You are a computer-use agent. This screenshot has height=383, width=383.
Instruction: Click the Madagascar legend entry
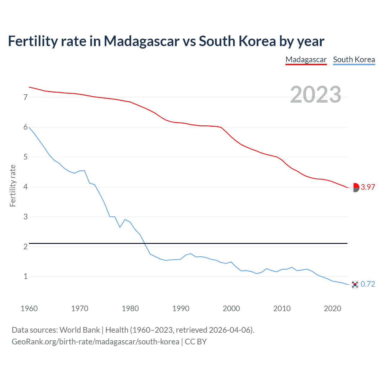tap(306, 60)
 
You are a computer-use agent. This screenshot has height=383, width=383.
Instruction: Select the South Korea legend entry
tap(354, 60)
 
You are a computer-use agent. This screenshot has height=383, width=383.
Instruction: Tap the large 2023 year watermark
tap(315, 95)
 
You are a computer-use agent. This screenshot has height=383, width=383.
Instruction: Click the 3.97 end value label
tap(368, 187)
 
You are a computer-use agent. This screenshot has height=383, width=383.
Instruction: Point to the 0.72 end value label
tap(368, 284)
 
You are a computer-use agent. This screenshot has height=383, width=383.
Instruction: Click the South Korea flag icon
tap(355, 284)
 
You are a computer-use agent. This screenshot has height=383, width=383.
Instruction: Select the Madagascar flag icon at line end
tap(355, 188)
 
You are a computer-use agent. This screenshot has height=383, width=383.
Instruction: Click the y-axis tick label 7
tap(25, 97)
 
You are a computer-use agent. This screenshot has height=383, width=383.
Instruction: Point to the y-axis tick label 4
tap(25, 187)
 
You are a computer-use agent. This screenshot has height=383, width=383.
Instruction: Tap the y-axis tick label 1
tap(25, 276)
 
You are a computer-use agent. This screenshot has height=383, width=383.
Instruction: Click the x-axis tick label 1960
tap(29, 308)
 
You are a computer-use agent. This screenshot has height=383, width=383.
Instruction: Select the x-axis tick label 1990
tap(181, 308)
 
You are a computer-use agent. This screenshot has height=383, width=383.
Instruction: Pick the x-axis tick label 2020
tap(332, 308)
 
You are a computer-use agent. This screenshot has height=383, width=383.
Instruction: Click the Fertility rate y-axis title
tap(13, 186)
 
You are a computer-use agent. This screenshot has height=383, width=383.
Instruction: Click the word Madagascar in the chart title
tap(141, 41)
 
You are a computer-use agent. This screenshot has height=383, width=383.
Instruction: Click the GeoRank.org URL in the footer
tap(95, 342)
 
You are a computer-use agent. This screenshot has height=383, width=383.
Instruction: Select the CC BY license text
tap(196, 342)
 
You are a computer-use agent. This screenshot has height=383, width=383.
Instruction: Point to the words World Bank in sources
tap(80, 330)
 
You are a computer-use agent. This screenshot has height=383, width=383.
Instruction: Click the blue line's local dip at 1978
tap(120, 227)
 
